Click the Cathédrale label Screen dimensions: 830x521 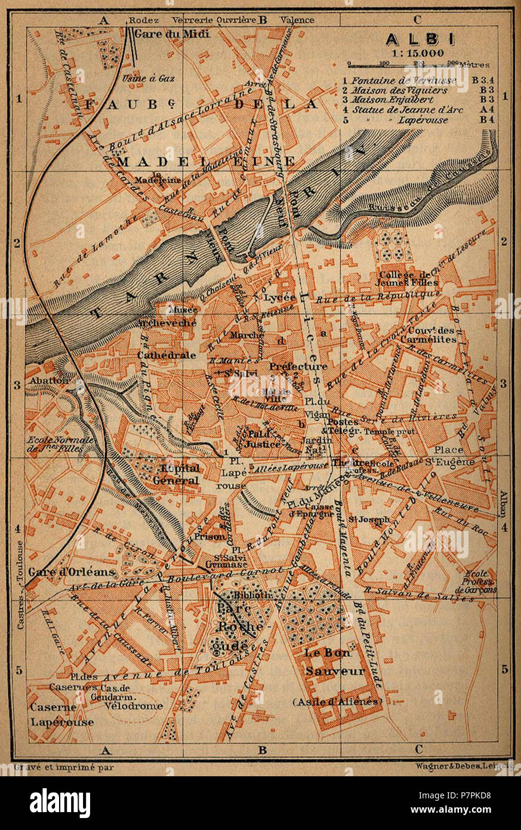tap(158, 355)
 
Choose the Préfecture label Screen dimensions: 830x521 tap(298, 366)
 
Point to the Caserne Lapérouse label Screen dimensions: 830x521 tap(62, 714)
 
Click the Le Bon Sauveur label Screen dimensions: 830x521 tap(335, 662)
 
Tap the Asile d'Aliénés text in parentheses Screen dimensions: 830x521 tap(337, 701)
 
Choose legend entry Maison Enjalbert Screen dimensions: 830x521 tap(402, 100)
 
